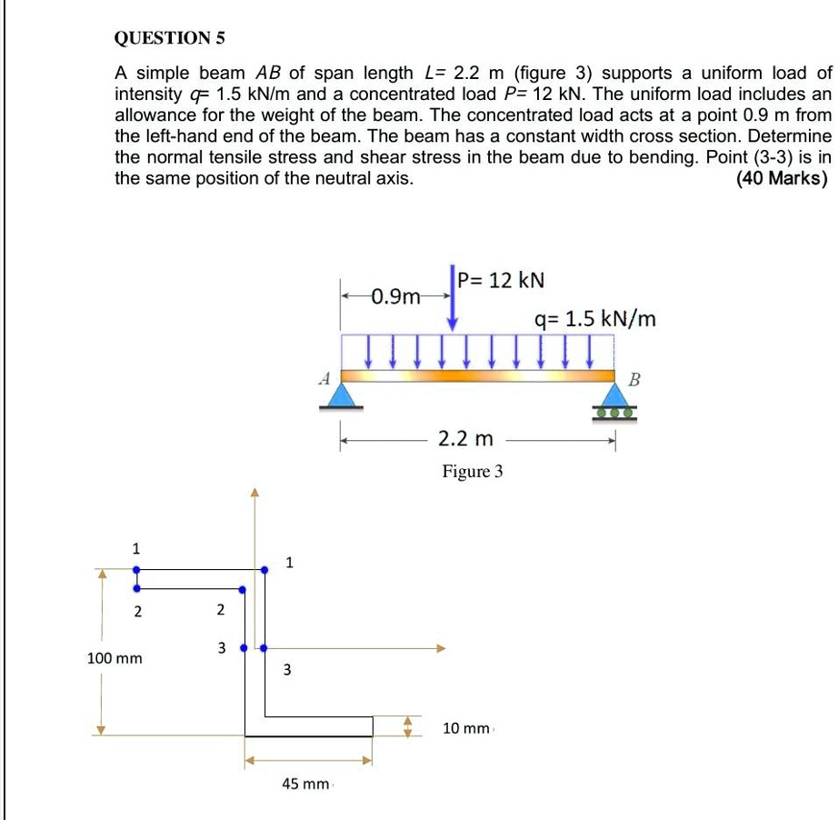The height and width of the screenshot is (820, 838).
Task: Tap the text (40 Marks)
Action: tap(782, 178)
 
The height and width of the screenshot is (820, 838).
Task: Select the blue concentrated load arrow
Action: tap(453, 300)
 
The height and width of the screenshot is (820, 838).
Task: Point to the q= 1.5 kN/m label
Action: tap(594, 319)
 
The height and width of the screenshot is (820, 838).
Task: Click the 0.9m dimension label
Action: tap(396, 296)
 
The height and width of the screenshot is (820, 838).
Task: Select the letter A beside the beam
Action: tap(322, 380)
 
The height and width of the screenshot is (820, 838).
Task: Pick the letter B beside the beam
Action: tap(634, 380)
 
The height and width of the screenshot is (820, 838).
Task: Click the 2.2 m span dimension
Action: tap(465, 440)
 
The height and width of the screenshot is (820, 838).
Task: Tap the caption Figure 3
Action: tap(472, 472)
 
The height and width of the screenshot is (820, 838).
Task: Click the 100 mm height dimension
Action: tap(115, 657)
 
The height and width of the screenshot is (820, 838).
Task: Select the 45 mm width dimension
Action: tap(305, 784)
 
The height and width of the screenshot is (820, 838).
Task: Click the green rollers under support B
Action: tap(615, 412)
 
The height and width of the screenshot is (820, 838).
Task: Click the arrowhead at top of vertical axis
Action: tap(255, 494)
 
